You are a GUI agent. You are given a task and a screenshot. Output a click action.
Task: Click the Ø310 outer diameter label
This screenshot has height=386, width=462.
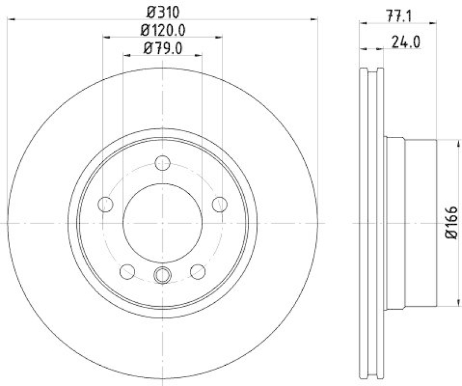[x=163, y=10]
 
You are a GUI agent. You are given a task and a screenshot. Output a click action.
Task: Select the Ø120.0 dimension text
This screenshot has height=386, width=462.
[x=163, y=30]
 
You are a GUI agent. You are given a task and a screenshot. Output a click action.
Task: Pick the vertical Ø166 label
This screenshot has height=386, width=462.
[x=452, y=222]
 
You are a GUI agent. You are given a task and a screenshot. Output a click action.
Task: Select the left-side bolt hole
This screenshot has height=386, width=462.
[x=106, y=203]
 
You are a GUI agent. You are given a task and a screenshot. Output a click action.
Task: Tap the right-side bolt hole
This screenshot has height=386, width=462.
[x=220, y=203]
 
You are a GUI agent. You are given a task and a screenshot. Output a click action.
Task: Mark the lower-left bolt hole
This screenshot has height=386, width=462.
[x=128, y=270]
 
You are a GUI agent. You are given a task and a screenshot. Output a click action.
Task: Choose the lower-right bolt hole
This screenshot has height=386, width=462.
[x=198, y=270]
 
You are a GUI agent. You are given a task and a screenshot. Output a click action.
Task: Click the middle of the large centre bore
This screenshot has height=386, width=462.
[x=163, y=222]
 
